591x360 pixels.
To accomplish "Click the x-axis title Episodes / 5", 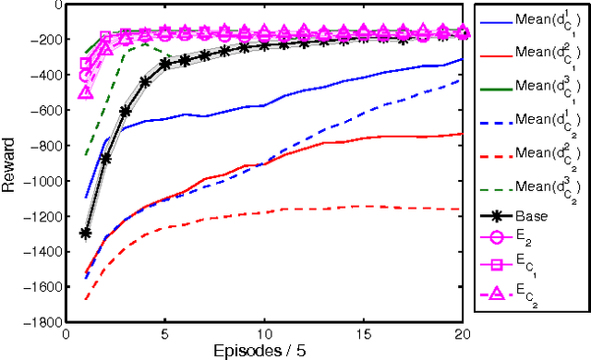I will [x=265, y=351].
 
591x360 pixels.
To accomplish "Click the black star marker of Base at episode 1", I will [x=86, y=234].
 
